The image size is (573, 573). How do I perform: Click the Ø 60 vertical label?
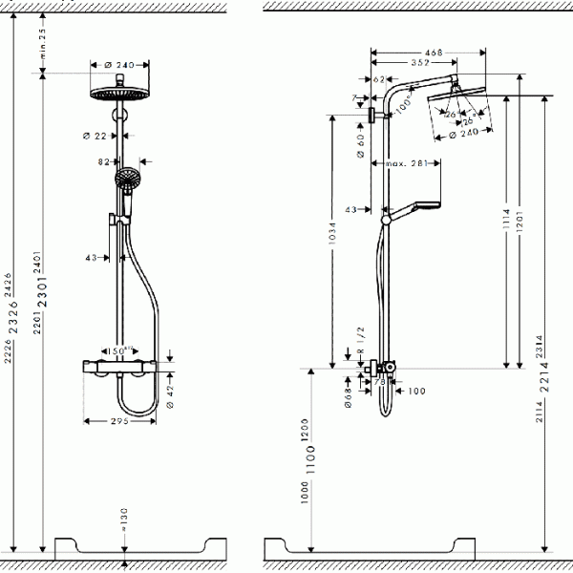[361, 146]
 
